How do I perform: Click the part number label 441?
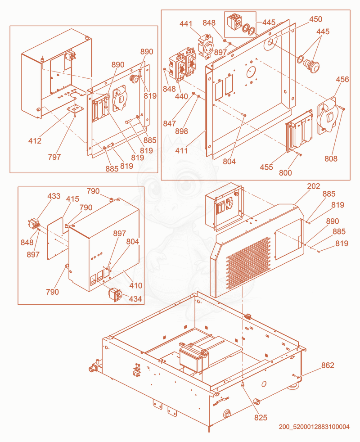click(x=186, y=24)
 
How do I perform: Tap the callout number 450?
click(x=315, y=19)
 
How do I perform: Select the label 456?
click(x=342, y=80)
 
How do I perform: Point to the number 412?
click(x=35, y=141)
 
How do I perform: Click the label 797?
click(x=54, y=157)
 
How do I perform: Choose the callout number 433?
click(x=54, y=196)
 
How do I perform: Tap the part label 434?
click(x=135, y=299)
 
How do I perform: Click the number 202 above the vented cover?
click(x=314, y=186)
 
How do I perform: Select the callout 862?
click(x=328, y=365)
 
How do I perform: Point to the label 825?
click(x=261, y=418)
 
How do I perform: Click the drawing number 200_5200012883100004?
click(x=314, y=427)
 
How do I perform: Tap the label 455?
click(x=266, y=167)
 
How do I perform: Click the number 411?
click(x=181, y=150)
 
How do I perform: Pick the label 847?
click(x=170, y=123)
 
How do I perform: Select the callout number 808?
click(x=331, y=159)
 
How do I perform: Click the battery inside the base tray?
click(x=194, y=356)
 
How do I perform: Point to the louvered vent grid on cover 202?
click(x=248, y=263)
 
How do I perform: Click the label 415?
click(x=72, y=199)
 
